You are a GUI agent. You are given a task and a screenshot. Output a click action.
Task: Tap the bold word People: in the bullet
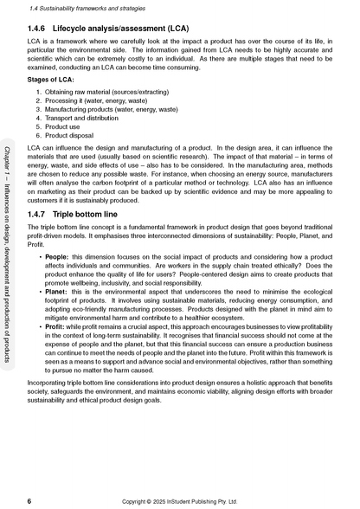click(x=57, y=257)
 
